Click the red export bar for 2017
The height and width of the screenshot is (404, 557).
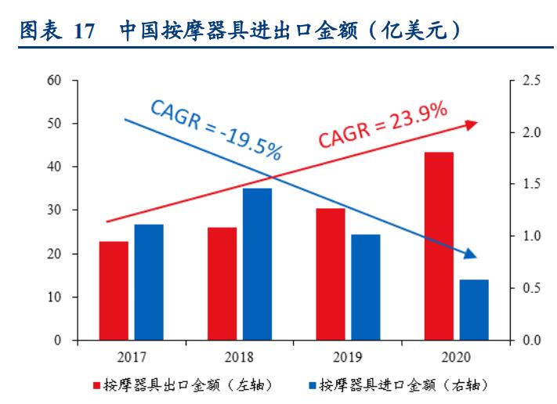pyautogui.click(x=113, y=291)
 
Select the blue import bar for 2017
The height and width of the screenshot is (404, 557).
pyautogui.click(x=149, y=283)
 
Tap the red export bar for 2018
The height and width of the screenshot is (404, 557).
pyautogui.click(x=222, y=284)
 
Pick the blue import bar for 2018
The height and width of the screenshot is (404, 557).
pyautogui.click(x=257, y=265)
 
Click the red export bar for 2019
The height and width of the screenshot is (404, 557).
pyautogui.click(x=331, y=275)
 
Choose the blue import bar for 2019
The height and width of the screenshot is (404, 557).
pyautogui.click(x=365, y=287)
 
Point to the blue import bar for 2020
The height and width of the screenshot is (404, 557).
pyautogui.click(x=474, y=310)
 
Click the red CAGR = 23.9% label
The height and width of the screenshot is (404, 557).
pyautogui.click(x=382, y=124)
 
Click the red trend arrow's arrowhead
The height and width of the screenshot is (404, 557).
pyautogui.click(x=471, y=124)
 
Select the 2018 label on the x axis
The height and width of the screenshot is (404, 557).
pyautogui.click(x=239, y=359)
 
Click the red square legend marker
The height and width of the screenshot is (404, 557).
pyautogui.click(x=97, y=385)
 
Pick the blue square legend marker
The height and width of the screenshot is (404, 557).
pyautogui.click(x=312, y=385)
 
